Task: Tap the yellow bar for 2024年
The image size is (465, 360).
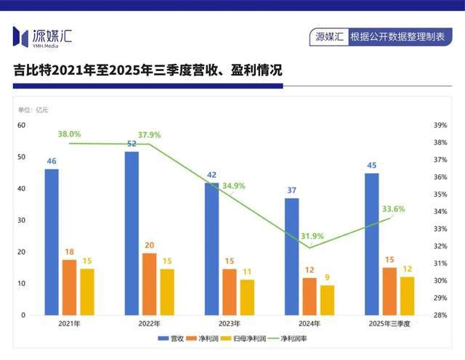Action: click(x=328, y=300)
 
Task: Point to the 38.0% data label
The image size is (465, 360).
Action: click(x=70, y=134)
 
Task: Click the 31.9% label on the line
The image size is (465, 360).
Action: click(x=312, y=237)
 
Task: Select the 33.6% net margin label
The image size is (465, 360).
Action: click(x=393, y=209)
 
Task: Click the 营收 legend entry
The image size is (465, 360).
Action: click(x=171, y=338)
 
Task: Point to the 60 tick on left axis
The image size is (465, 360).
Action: click(x=22, y=125)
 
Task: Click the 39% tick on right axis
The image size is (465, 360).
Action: click(x=440, y=125)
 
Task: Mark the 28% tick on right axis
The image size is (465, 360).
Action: click(x=440, y=315)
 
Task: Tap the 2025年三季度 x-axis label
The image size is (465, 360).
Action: click(x=389, y=324)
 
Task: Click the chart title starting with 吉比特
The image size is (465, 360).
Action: click(x=148, y=70)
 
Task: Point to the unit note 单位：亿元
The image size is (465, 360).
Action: click(x=33, y=110)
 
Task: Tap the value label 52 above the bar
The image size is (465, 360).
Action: click(x=132, y=144)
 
